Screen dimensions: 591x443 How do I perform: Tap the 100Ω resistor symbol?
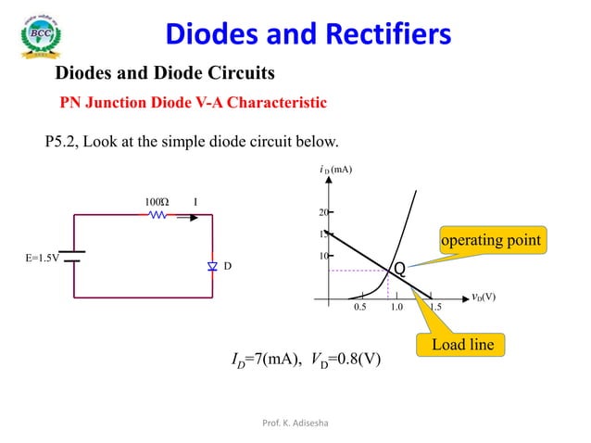[x=157, y=214]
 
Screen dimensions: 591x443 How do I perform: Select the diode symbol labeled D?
[x=212, y=267]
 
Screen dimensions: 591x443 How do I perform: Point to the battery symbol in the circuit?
[x=73, y=257]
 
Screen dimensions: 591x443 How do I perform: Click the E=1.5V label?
[x=41, y=258]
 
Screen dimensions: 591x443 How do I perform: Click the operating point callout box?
[x=491, y=240]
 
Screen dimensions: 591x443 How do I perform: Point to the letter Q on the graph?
[x=399, y=269]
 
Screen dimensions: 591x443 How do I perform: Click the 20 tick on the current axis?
[x=324, y=212]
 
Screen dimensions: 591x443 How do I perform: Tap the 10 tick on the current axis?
[x=324, y=255]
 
